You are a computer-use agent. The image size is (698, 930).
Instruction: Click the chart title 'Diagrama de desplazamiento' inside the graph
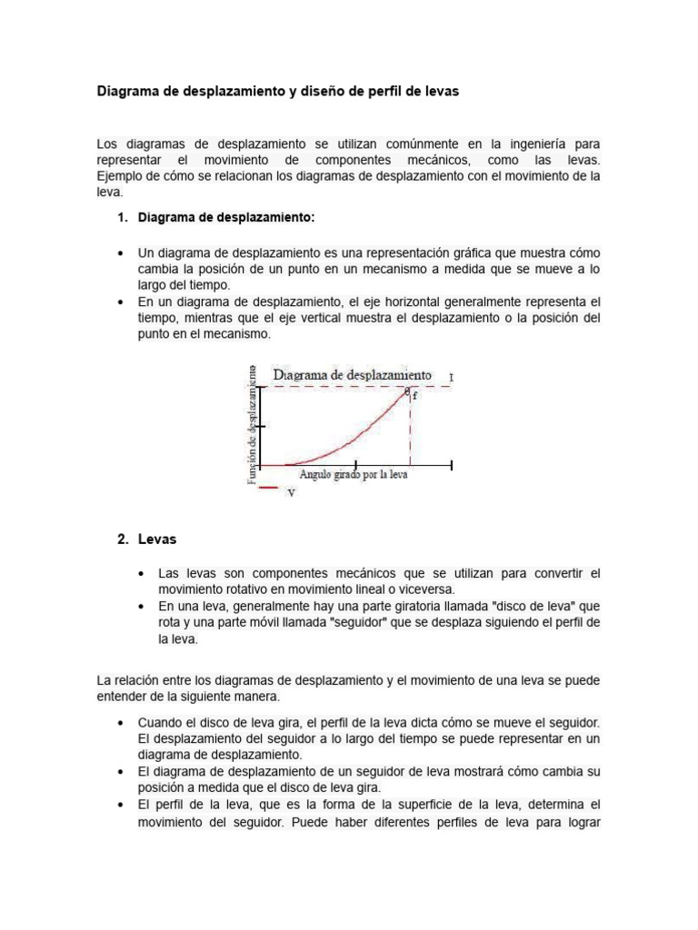click(352, 374)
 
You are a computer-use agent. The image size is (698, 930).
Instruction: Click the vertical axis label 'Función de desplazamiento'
click(252, 425)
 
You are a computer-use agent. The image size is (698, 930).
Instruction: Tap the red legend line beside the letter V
click(269, 489)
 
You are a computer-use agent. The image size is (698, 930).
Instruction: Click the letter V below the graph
click(291, 493)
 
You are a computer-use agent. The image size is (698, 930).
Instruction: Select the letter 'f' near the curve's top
click(415, 397)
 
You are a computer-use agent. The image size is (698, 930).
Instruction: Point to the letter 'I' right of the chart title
click(452, 376)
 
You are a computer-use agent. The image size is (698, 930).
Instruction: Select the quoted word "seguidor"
click(364, 623)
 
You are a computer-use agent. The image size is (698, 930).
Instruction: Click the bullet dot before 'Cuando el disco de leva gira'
click(120, 723)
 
